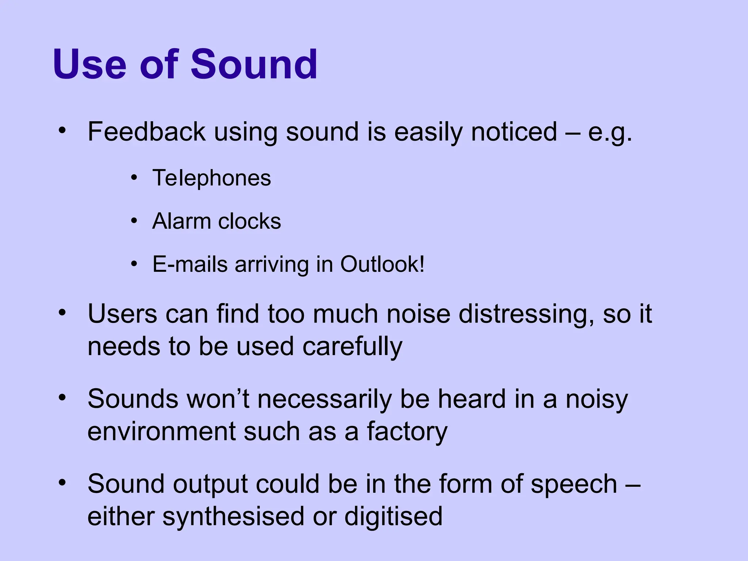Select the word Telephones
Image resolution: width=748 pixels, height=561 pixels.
tap(212, 178)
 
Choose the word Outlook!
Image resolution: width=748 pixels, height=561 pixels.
tap(382, 264)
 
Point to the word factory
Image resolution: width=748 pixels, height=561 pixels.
tap(407, 432)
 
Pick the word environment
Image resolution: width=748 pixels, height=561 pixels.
tap(161, 432)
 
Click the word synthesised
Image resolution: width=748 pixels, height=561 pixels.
tap(233, 517)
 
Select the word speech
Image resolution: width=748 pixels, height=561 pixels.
tap(574, 484)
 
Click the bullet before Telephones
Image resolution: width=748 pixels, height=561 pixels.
tap(134, 178)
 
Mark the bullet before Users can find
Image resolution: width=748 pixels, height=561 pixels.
tap(62, 313)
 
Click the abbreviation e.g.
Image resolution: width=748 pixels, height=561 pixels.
tap(610, 132)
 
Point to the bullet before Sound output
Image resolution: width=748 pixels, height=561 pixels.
tap(62, 483)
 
